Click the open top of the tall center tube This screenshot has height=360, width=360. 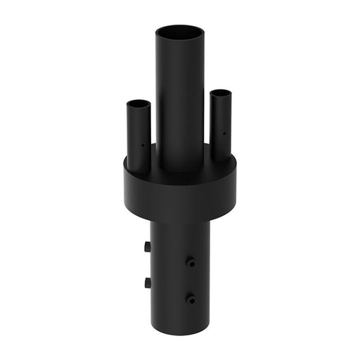[x=180, y=32]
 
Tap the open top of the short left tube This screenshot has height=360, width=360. [x=139, y=104]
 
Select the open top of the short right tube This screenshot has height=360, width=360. [x=221, y=93]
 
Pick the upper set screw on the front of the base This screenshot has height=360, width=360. [x=190, y=262]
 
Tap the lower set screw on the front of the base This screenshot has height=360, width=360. [x=190, y=298]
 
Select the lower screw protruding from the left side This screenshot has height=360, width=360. [x=147, y=283]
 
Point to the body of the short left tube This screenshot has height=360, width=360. [x=137, y=141]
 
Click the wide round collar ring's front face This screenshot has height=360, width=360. [x=180, y=193]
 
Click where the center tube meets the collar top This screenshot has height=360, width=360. [x=180, y=169]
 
